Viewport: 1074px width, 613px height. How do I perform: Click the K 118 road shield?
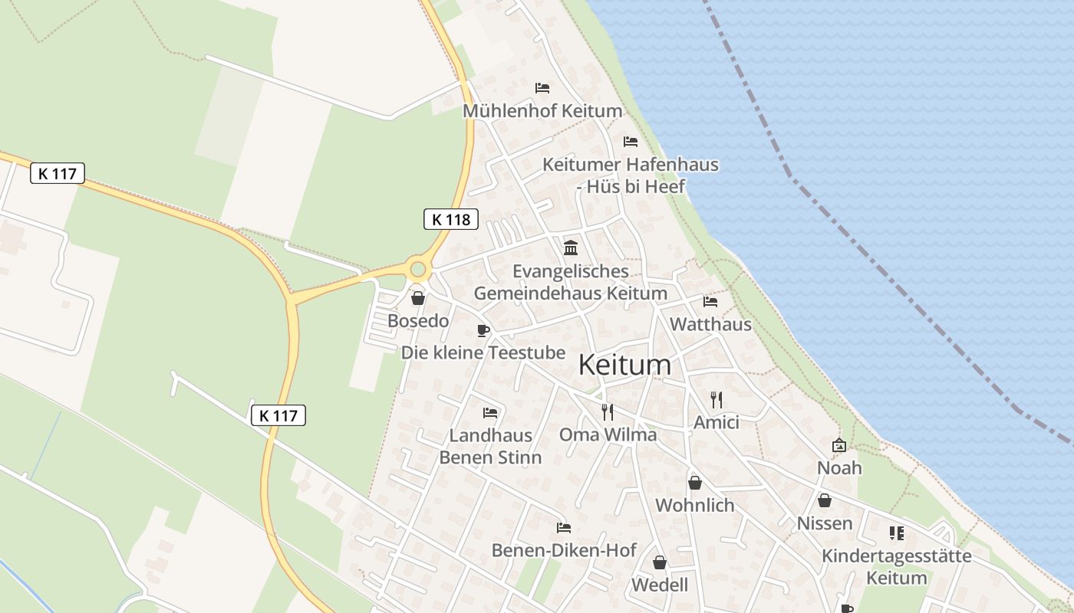(451, 219)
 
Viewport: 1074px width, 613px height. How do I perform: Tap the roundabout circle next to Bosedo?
(417, 269)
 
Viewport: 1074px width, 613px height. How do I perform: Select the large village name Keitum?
(624, 365)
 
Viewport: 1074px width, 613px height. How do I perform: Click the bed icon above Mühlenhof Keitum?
(542, 88)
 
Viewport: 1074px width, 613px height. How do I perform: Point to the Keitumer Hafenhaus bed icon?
(631, 142)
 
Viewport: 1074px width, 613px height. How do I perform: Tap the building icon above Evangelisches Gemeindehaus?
(571, 247)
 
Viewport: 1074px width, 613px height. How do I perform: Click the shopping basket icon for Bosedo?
(418, 298)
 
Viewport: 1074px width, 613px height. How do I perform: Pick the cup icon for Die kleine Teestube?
(483, 330)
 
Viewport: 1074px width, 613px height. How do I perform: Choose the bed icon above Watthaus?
(710, 302)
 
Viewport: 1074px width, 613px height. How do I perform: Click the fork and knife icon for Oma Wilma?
(608, 412)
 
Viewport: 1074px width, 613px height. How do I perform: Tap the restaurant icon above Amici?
(717, 400)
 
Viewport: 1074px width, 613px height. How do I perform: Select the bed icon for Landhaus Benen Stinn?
(490, 413)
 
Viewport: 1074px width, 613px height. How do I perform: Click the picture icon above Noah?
(839, 445)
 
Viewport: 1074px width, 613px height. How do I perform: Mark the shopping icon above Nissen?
(825, 501)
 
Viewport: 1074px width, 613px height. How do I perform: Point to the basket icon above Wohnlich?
(695, 483)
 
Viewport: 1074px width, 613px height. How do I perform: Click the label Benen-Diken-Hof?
(564, 550)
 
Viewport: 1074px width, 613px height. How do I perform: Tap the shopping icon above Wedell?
(660, 563)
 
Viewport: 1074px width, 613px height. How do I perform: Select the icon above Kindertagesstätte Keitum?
(896, 533)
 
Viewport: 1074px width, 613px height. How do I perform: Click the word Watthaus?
(710, 324)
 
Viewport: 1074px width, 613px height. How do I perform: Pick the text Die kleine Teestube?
(483, 352)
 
